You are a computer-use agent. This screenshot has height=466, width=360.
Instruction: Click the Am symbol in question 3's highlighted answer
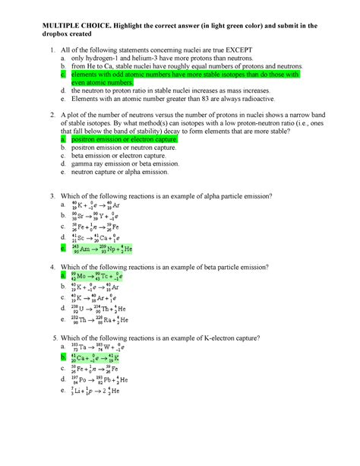tap(87, 249)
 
